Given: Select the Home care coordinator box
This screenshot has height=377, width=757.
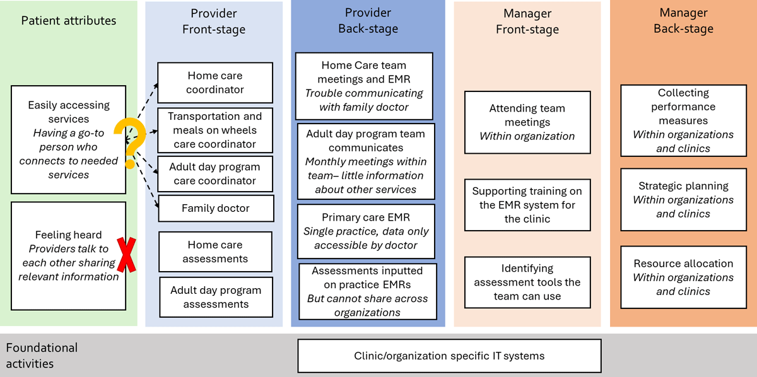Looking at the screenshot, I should coord(215,83).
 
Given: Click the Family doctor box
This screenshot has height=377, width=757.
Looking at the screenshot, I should coord(216,208).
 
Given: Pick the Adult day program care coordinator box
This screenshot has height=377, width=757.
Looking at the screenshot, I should coord(215,173).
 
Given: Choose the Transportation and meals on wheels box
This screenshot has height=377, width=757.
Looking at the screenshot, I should coord(215,130).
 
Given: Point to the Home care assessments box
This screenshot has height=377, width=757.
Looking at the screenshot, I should coord(215,252).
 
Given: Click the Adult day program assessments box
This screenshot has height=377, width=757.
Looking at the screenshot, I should coord(215,297).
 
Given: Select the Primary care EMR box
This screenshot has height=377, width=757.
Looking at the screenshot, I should coord(366,231).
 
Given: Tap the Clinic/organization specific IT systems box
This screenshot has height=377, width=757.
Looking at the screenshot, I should coord(449,356).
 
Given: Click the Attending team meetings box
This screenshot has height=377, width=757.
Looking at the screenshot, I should coord(527,122).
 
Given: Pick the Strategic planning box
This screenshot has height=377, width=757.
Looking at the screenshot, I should coord(683,200).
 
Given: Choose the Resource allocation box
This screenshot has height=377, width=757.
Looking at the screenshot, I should coord(683,277).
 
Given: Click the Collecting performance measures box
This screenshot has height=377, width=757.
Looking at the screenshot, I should coord(683,120).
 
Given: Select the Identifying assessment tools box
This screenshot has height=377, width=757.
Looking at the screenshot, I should coord(527,282).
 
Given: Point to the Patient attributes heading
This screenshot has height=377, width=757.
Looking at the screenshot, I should coord(69,21).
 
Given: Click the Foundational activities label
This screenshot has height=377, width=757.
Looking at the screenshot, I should coord(42,356).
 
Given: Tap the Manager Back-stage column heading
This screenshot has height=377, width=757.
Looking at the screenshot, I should coord(683,21).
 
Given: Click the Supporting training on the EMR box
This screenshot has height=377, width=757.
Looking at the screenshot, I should coord(527,205).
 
